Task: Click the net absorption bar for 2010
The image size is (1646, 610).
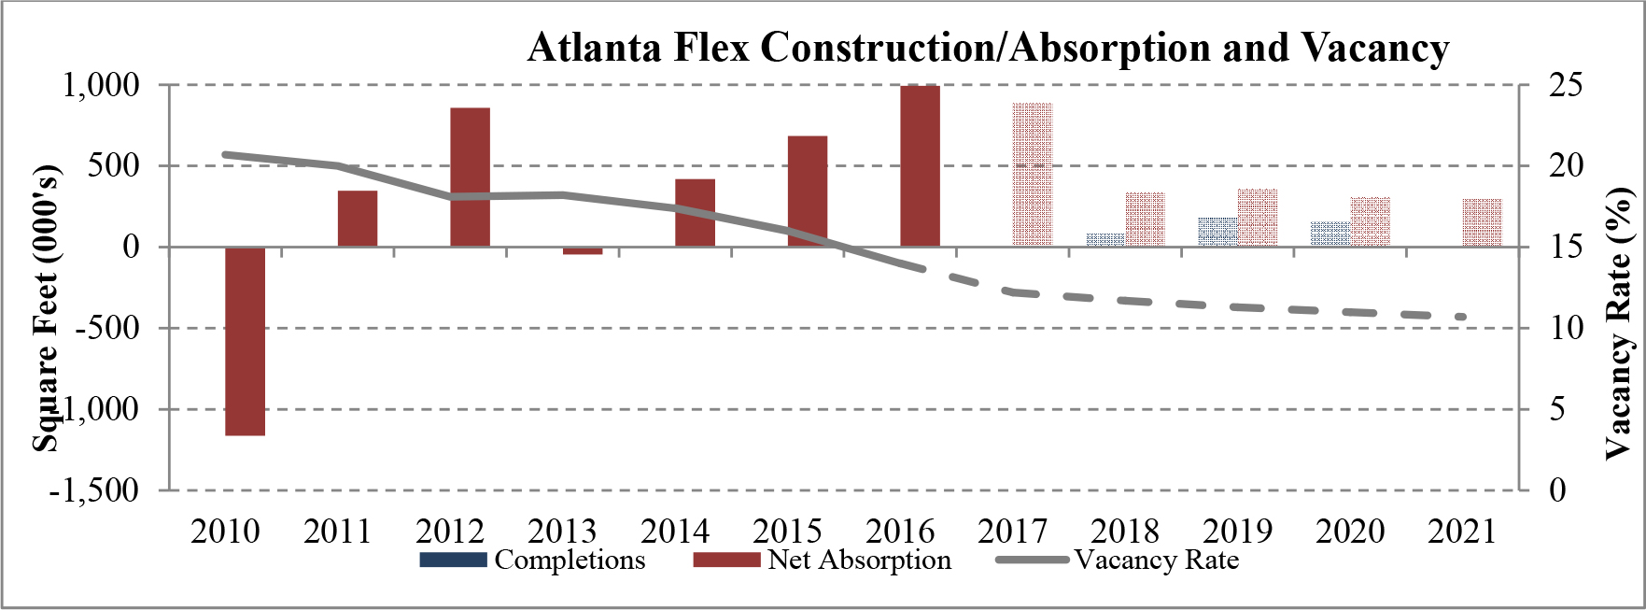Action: pos(246,341)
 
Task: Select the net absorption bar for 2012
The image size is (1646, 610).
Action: pos(470,177)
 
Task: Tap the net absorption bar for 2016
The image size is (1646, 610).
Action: pos(920,166)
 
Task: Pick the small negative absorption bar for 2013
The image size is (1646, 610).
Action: pos(583,250)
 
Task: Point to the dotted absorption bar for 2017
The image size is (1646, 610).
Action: pos(1033,175)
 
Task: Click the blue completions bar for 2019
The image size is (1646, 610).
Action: pos(1217,232)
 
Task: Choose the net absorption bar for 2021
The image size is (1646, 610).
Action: pos(1483,222)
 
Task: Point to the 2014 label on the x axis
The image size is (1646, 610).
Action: pos(674,531)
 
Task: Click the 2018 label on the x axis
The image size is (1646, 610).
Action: pos(1124,531)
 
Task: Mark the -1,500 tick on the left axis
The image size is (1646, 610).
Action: pos(93,489)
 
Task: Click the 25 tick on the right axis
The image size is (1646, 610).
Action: pos(1566,85)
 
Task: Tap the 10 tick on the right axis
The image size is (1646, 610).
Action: pos(1566,328)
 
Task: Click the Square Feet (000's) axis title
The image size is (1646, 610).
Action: pos(46,308)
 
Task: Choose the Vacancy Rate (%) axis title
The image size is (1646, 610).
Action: pos(1620,322)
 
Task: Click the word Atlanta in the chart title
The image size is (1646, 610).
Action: pos(597,47)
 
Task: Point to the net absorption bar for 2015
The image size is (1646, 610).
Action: pos(808,192)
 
